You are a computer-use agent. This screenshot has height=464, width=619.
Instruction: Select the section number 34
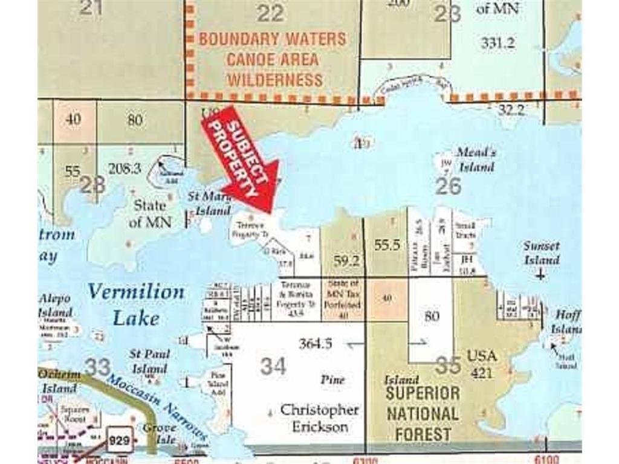coord(273,366)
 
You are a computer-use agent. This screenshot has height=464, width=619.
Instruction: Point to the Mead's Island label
coord(475,159)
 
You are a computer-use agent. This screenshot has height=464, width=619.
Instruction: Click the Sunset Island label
coord(542,253)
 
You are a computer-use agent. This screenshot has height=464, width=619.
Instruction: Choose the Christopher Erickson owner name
coord(320,418)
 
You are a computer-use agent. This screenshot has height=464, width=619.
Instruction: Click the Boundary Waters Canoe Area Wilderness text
coord(273,59)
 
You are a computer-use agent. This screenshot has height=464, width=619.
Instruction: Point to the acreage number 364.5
coord(316,344)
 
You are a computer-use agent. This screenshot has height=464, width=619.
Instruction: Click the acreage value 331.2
coord(498,42)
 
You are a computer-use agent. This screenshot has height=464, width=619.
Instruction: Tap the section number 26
coord(448,186)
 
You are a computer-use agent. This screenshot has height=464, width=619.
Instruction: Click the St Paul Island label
coord(149,361)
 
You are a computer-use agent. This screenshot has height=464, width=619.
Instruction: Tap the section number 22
coord(270,13)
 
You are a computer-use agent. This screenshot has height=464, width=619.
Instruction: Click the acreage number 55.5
coord(387,245)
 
